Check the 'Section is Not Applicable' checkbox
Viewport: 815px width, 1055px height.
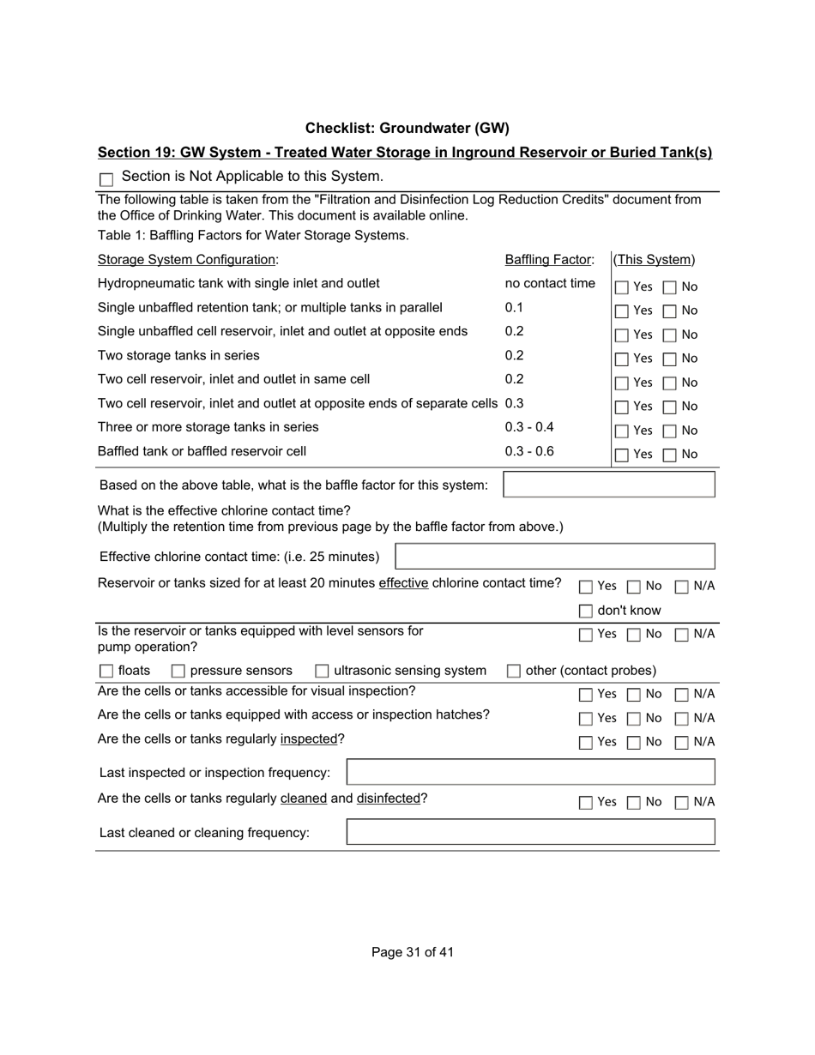click(x=106, y=179)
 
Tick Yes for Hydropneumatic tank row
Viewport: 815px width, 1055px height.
click(x=622, y=287)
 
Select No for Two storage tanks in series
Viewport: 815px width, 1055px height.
click(x=670, y=359)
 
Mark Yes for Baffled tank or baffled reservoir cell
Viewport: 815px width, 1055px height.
click(x=622, y=455)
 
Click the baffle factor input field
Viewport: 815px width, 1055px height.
click(x=608, y=485)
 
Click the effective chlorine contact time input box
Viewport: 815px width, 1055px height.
click(x=554, y=557)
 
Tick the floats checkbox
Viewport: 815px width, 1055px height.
click(x=106, y=671)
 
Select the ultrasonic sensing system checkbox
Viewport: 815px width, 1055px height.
click(x=322, y=671)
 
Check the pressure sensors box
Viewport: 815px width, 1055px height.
click(x=178, y=671)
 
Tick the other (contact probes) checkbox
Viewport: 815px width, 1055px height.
click(x=513, y=671)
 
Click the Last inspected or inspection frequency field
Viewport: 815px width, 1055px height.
click(x=530, y=772)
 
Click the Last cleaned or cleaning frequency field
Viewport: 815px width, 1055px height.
click(x=530, y=832)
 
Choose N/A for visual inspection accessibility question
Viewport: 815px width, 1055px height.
click(x=682, y=694)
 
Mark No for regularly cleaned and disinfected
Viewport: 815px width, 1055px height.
click(x=634, y=803)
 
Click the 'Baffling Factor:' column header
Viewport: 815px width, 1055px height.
click(x=549, y=259)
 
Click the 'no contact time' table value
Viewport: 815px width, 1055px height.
click(x=550, y=283)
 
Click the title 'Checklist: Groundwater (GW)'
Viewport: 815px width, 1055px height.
click(x=407, y=128)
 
